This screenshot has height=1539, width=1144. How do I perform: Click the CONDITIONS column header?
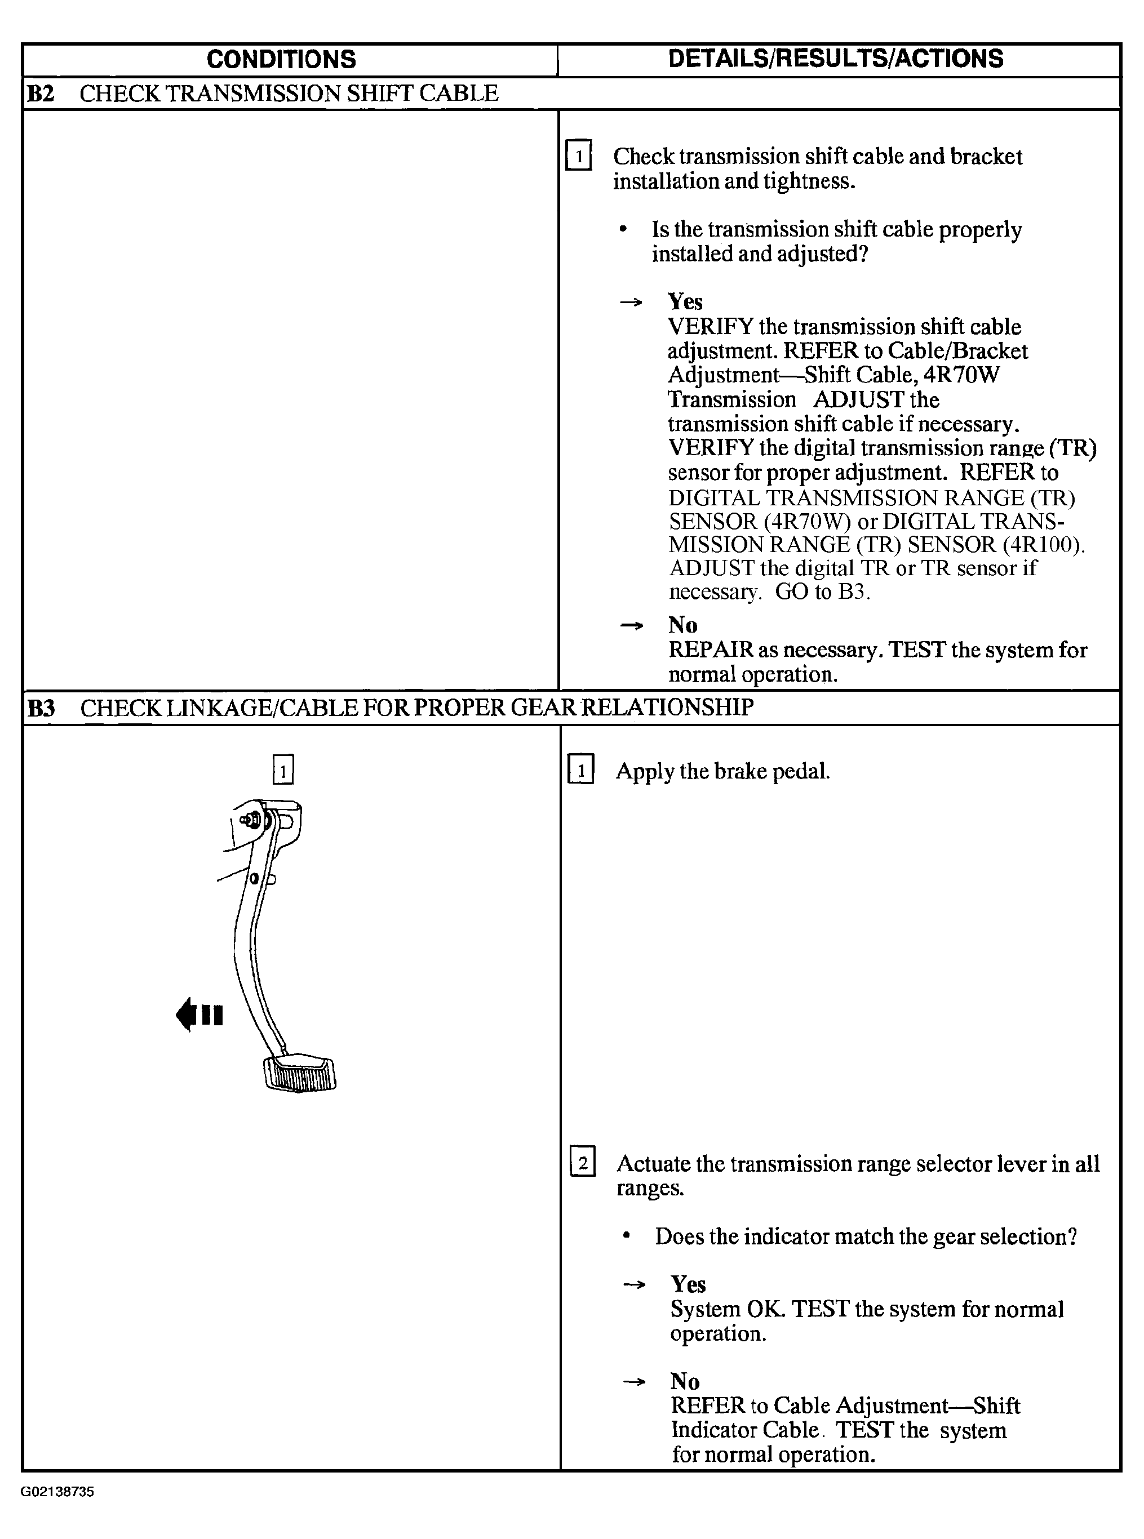point(281,60)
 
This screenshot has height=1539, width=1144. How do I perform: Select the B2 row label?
point(40,94)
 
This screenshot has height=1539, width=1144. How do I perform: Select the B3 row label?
point(41,708)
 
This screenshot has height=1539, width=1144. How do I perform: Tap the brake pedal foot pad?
point(300,1074)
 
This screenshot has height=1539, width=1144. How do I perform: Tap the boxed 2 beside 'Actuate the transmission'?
point(582,1163)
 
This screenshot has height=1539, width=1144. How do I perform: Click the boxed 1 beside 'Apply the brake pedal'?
point(580,771)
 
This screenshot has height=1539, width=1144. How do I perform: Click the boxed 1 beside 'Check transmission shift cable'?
point(578,155)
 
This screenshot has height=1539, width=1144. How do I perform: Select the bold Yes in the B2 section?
point(685,302)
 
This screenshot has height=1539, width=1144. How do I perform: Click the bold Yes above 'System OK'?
point(688,1284)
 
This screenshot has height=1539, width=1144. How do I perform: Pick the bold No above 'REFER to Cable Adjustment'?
point(685,1381)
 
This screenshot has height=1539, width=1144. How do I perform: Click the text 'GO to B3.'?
point(822,592)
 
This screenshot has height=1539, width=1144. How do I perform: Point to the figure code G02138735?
point(57,1491)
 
